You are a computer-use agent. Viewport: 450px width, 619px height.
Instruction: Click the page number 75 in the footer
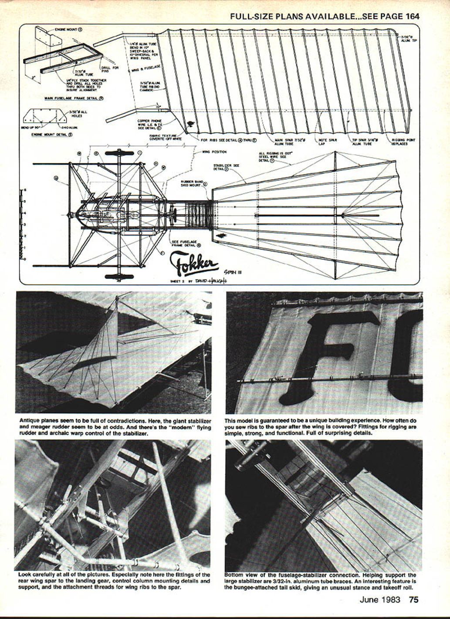[413, 599]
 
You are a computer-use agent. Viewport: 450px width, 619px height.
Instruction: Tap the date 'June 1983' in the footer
[379, 599]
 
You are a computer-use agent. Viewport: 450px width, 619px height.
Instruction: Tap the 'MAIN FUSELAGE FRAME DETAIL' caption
[74, 98]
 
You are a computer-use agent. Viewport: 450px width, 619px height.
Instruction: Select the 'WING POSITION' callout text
[214, 152]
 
